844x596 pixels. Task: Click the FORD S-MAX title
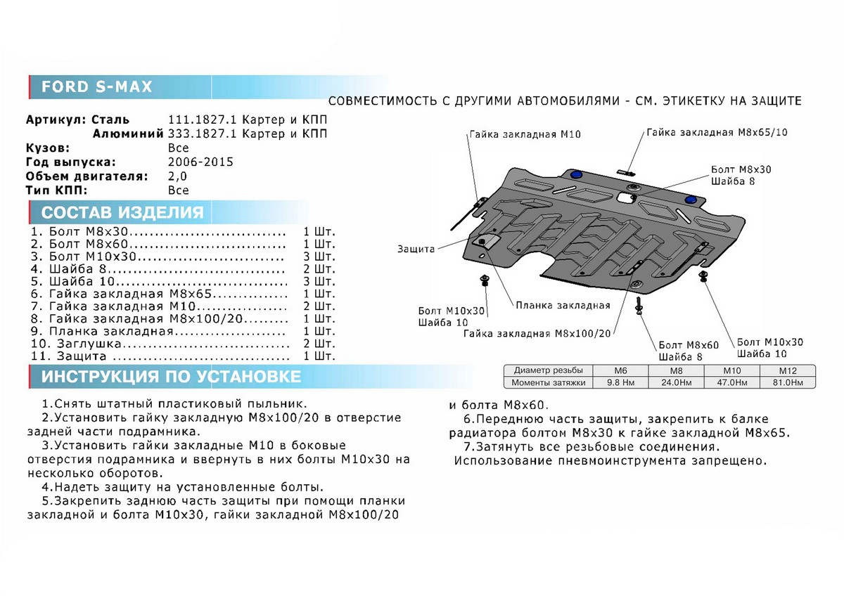coord(96,86)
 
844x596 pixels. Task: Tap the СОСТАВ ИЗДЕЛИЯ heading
coord(122,213)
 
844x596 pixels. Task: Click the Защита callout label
coord(416,250)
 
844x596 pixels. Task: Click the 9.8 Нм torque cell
coord(620,383)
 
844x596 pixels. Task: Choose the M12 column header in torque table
coord(787,370)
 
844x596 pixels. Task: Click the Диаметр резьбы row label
coord(548,370)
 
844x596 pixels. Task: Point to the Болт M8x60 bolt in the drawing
coord(639,306)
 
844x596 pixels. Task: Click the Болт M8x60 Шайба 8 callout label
coord(688,351)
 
